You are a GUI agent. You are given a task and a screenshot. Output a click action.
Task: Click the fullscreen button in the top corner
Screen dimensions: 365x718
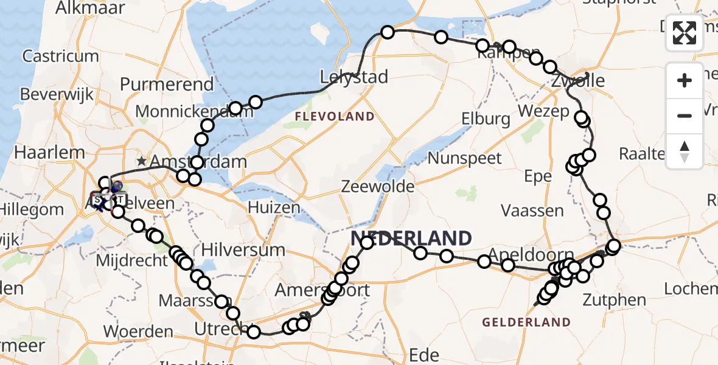[685, 33]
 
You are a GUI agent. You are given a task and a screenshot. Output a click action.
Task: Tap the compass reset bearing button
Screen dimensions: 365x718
[685, 151]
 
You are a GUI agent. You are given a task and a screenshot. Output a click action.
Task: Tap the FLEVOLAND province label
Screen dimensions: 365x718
[335, 116]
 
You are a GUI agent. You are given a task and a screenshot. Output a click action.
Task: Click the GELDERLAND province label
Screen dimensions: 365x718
[526, 322]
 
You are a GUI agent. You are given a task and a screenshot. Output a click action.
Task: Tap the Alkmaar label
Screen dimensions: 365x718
[90, 8]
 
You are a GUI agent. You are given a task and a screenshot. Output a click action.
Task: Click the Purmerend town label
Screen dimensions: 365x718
[167, 84]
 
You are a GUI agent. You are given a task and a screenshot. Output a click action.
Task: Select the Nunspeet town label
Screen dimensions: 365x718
[465, 158]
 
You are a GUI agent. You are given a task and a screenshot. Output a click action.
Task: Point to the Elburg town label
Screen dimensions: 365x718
[486, 119]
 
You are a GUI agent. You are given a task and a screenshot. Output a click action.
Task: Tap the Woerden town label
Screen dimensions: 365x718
[138, 332]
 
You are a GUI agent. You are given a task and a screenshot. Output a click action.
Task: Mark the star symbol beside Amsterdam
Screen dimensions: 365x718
[142, 161]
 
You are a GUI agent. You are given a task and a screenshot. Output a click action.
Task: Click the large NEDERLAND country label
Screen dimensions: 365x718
[411, 238]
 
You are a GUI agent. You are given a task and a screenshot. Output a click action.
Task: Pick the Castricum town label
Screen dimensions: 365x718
[61, 56]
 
